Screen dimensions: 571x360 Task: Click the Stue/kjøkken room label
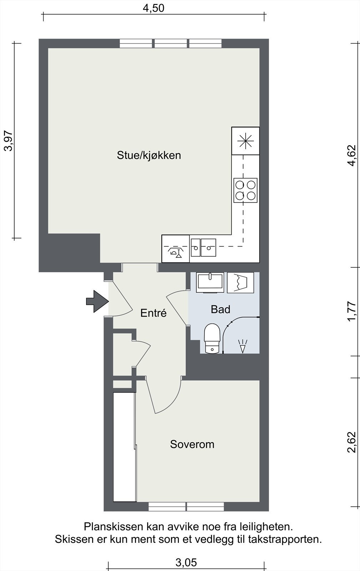click(x=149, y=155)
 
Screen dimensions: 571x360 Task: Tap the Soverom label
click(x=192, y=444)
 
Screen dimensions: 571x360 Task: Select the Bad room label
click(x=220, y=309)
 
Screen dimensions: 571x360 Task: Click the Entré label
click(x=154, y=313)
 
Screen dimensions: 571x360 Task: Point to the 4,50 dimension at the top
click(x=154, y=8)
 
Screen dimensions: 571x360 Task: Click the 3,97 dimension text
click(x=8, y=141)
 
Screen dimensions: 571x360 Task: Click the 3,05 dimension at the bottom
click(x=186, y=563)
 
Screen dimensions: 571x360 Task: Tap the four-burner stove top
click(x=245, y=190)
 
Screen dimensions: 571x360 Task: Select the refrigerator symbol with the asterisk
click(x=245, y=141)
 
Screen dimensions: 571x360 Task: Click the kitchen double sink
click(x=203, y=247)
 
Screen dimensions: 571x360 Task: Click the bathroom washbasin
click(x=210, y=282)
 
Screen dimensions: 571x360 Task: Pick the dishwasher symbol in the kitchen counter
click(x=175, y=249)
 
